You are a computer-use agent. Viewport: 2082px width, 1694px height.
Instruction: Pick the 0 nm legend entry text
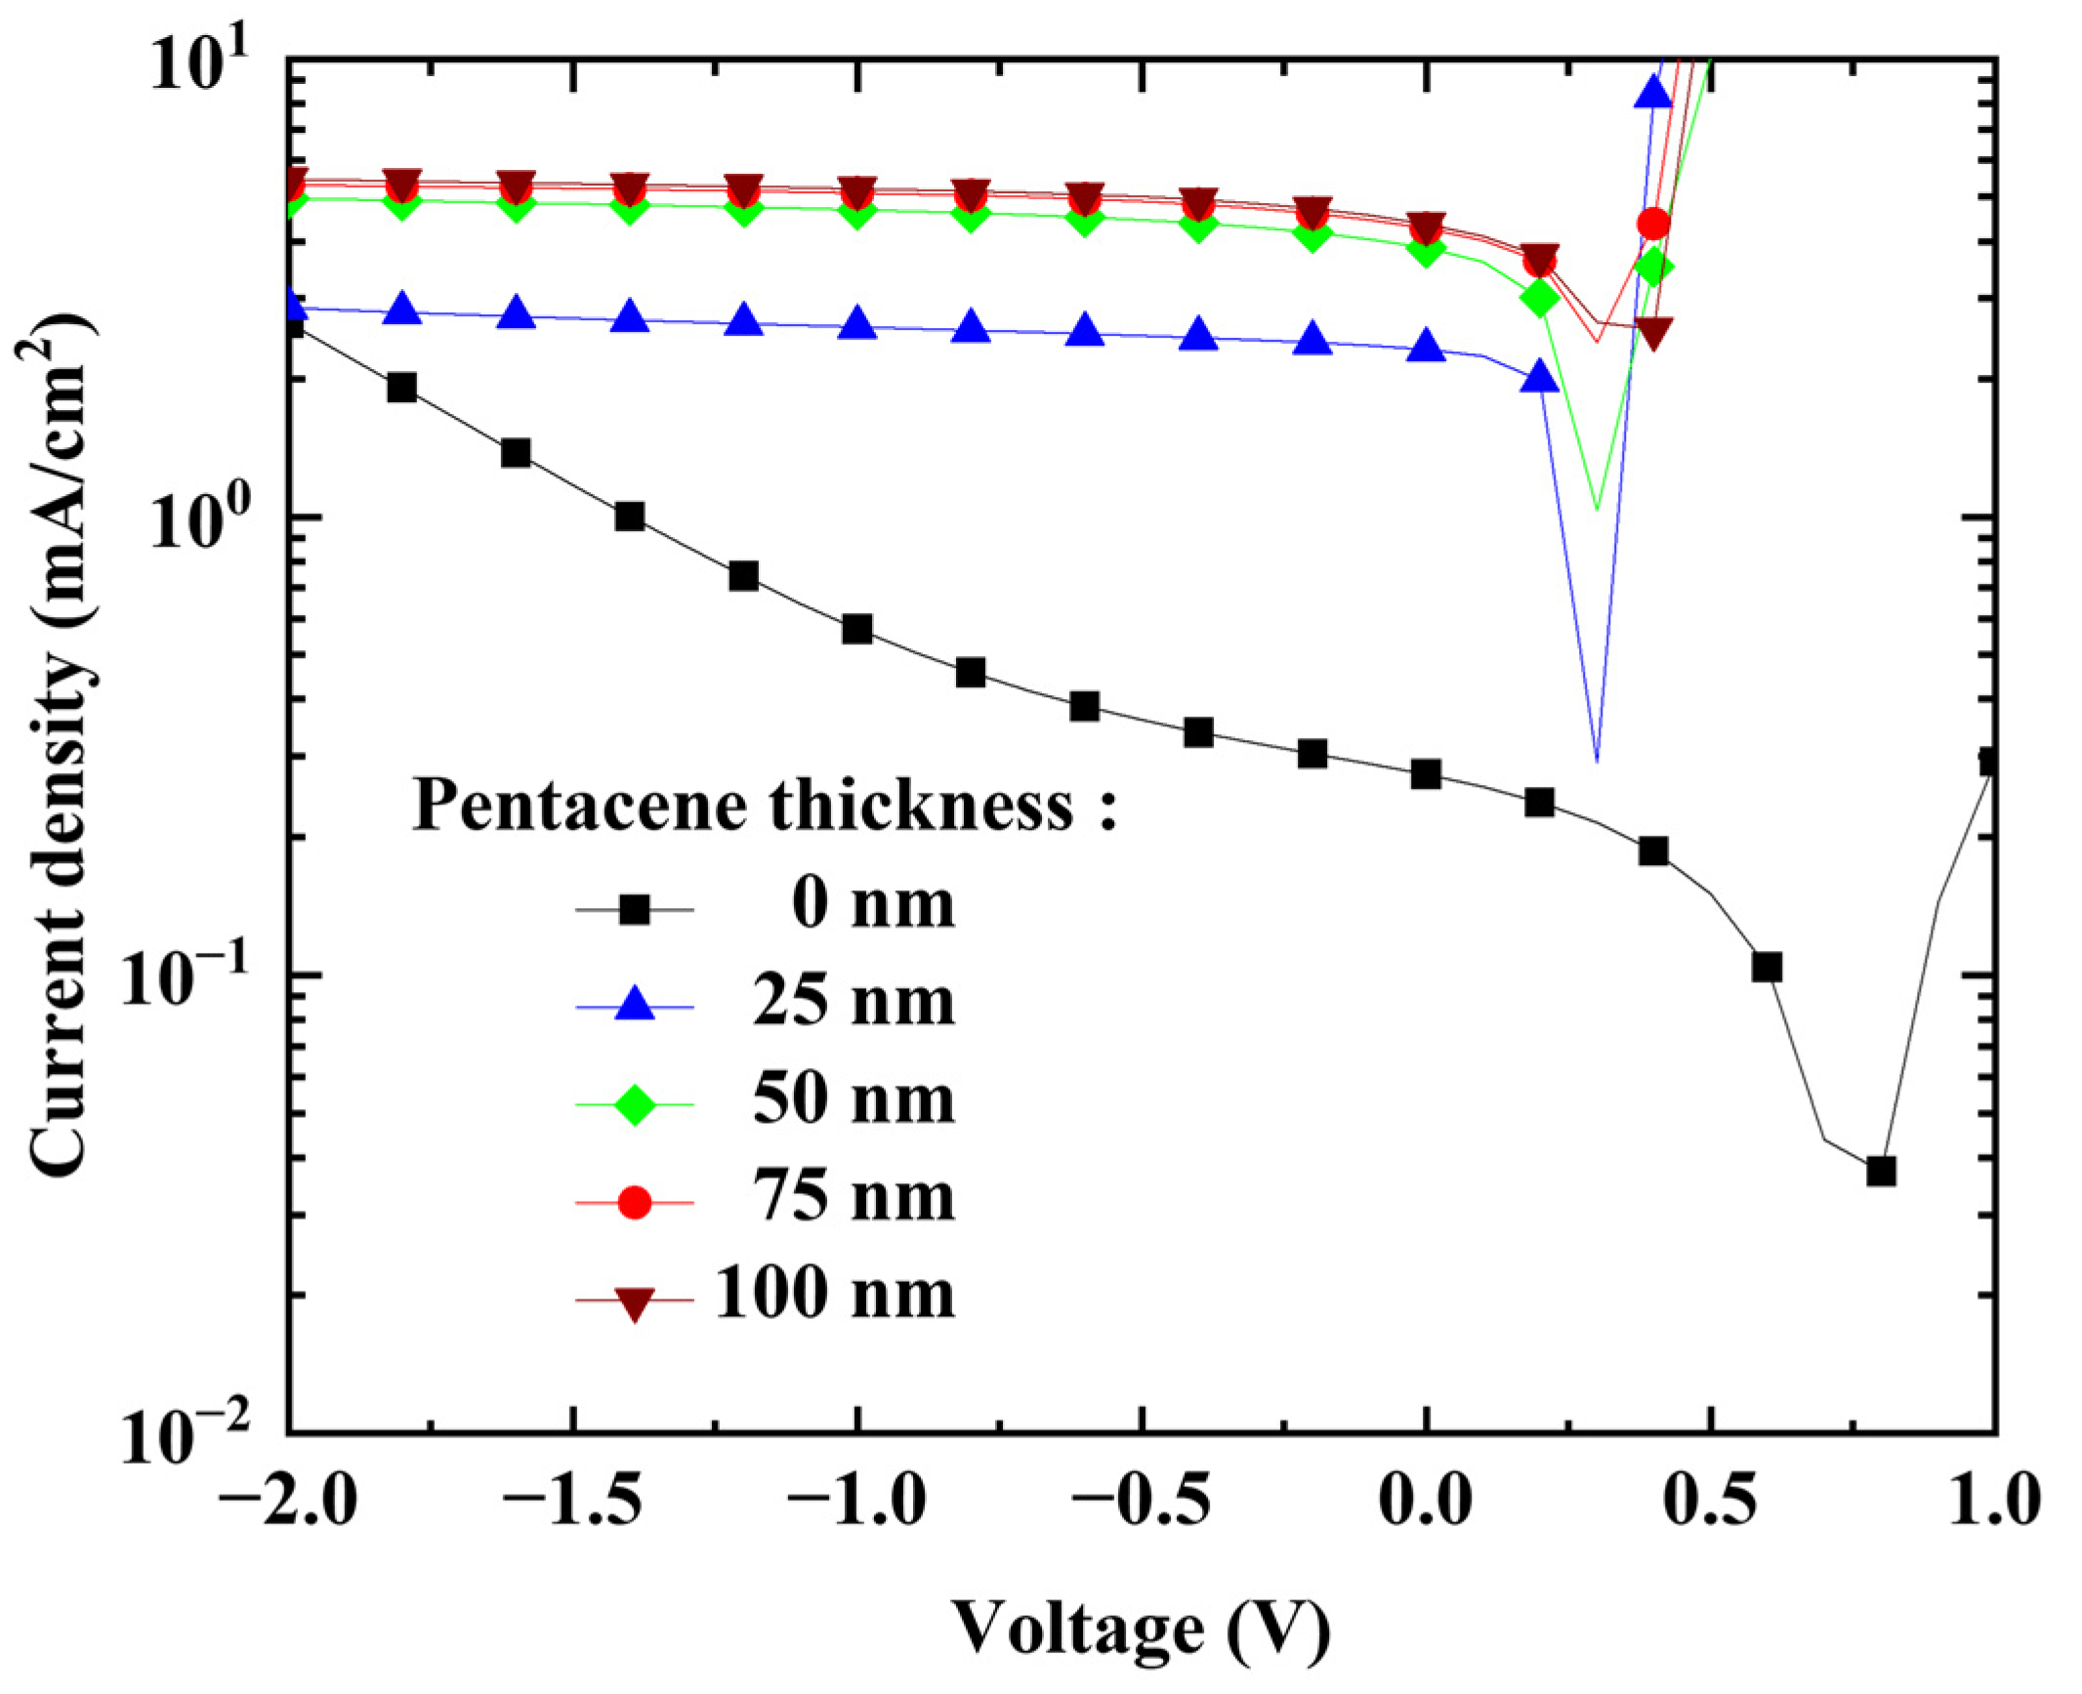pyautogui.click(x=872, y=904)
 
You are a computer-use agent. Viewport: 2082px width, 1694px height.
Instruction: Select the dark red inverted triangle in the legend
pyautogui.click(x=635, y=1302)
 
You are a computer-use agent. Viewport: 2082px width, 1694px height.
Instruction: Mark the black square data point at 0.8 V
pyautogui.click(x=1880, y=1171)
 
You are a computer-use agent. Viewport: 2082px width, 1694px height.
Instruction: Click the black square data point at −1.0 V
pyautogui.click(x=856, y=629)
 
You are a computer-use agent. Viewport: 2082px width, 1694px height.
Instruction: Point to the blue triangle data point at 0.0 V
pyautogui.click(x=1426, y=346)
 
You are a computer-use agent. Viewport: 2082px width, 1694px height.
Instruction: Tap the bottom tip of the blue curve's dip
pyautogui.click(x=1597, y=760)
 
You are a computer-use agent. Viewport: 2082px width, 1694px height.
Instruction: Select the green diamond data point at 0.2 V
pyautogui.click(x=1540, y=298)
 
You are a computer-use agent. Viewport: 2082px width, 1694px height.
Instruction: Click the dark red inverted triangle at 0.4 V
pyautogui.click(x=1653, y=332)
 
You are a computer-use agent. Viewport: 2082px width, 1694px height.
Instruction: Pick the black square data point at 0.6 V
pyautogui.click(x=1767, y=968)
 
